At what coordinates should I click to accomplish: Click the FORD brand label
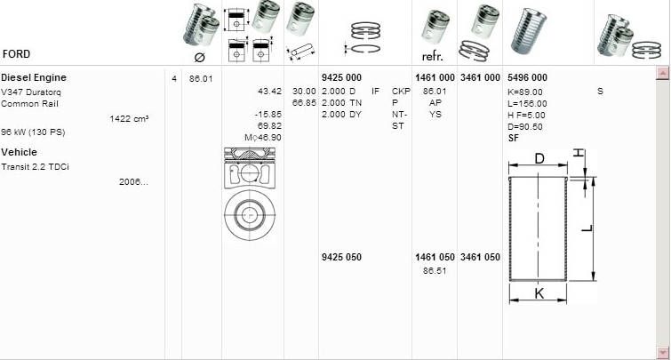pos(17,53)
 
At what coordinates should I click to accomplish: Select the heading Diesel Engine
pos(34,77)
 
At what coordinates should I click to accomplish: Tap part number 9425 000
pos(340,78)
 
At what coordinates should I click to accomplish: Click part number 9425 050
pos(340,258)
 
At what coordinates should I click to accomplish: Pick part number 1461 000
pos(435,78)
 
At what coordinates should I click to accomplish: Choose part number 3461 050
pos(480,258)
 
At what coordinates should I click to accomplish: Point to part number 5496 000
pos(527,78)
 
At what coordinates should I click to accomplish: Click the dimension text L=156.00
pos(526,103)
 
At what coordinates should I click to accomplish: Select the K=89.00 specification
pos(524,92)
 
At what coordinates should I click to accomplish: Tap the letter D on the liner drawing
pos(539,158)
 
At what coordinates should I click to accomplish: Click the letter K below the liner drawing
pos(539,292)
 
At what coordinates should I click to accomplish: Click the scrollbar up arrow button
pos(661,73)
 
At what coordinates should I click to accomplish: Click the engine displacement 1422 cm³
pos(129,118)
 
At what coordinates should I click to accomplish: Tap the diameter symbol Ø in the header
pos(199,57)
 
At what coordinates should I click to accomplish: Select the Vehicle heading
pos(19,153)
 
